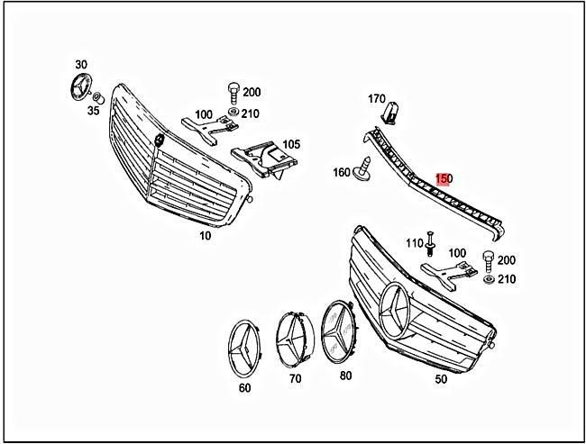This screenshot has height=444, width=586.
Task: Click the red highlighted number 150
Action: (x=444, y=178)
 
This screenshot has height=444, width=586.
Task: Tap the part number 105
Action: (x=291, y=144)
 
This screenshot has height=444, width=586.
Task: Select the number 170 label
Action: (x=376, y=98)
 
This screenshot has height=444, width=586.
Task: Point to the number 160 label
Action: (x=342, y=173)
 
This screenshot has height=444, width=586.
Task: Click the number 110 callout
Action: (x=414, y=243)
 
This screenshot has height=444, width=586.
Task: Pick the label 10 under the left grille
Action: (x=205, y=235)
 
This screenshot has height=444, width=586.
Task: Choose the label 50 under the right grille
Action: (x=441, y=379)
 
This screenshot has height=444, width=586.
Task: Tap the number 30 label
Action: (x=81, y=65)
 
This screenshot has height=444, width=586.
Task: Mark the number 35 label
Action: (x=93, y=113)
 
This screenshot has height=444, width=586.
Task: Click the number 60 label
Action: (x=244, y=388)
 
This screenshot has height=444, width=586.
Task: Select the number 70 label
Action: (x=295, y=379)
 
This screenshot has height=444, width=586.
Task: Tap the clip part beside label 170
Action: (x=391, y=113)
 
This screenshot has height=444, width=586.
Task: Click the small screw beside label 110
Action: (x=431, y=243)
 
